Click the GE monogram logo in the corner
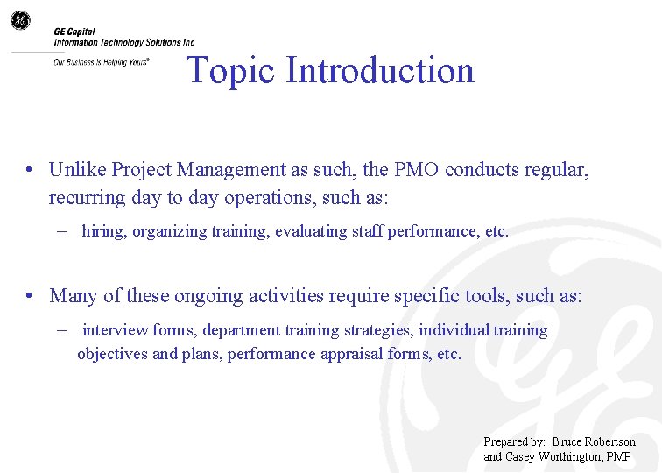pyautogui.click(x=19, y=19)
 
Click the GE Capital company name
pyautogui.click(x=74, y=32)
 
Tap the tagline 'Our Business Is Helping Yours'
pyautogui.click(x=101, y=62)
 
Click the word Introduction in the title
pyautogui.click(x=380, y=71)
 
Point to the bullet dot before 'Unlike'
pyautogui.click(x=30, y=170)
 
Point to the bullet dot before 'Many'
pyautogui.click(x=30, y=296)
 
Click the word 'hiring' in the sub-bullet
pyautogui.click(x=103, y=232)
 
